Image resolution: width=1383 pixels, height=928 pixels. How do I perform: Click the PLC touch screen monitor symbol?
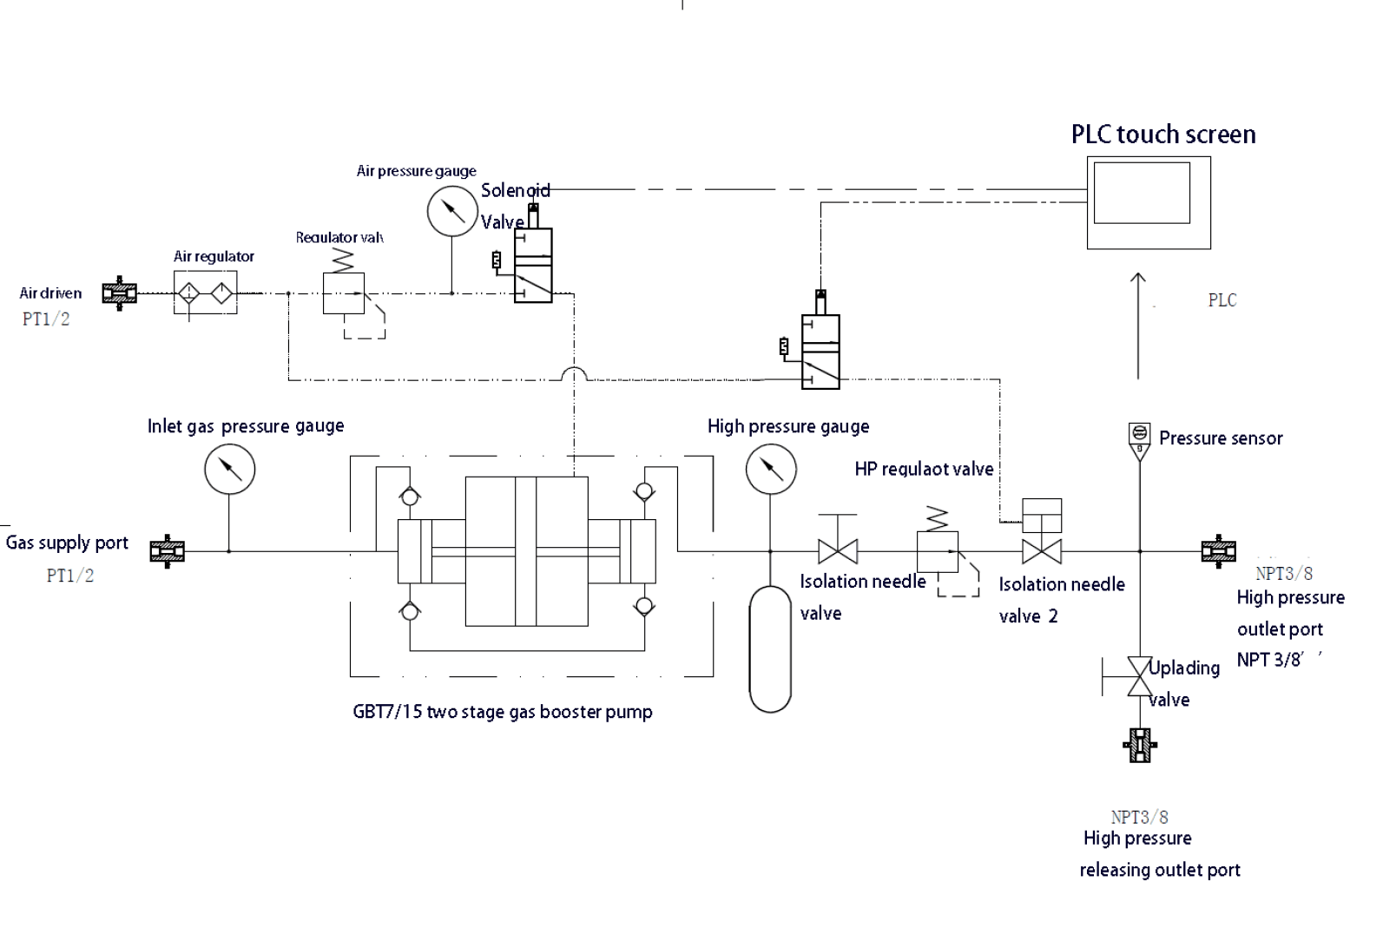1148,202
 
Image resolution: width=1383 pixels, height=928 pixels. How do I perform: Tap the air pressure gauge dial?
452,211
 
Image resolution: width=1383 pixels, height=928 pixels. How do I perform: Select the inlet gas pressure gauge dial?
230,470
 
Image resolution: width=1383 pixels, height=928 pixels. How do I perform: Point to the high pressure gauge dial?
771,470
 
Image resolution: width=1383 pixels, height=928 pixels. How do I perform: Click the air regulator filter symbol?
205,293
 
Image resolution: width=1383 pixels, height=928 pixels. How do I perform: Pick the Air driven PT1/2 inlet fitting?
120,293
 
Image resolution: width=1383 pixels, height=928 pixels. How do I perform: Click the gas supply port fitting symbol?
168,551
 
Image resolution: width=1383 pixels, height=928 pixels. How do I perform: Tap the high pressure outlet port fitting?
1218,551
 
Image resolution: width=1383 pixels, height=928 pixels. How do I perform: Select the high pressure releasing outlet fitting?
1140,745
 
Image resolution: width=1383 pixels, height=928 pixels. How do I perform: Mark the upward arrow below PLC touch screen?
1138,326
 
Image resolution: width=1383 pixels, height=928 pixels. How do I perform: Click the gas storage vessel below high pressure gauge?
771,649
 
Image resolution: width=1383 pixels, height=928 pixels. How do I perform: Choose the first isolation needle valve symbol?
838,550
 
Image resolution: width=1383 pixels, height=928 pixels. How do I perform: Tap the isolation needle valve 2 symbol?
1042,550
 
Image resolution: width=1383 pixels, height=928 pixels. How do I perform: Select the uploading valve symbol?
1138,676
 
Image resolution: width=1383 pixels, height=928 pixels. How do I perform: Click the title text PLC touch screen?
1163,135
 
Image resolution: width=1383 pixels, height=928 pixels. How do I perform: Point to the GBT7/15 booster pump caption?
502,712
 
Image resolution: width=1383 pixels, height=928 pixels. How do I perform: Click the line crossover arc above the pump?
575,374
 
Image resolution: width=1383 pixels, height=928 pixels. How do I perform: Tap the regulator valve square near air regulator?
344,293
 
